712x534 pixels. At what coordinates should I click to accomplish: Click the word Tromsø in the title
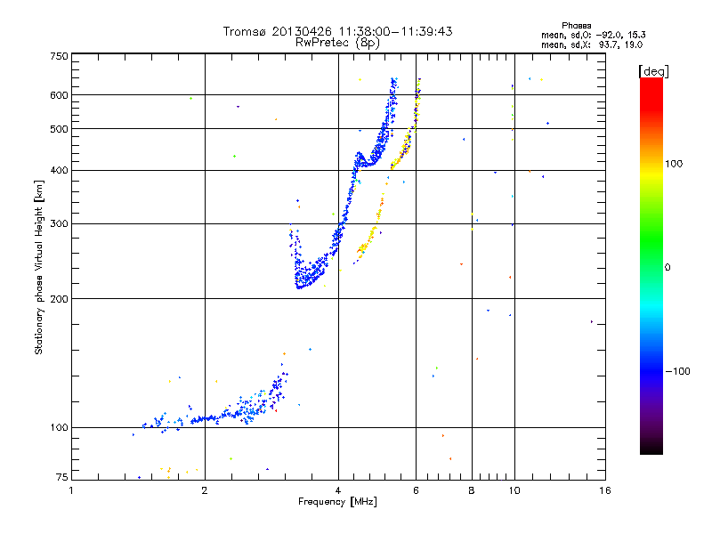(x=244, y=31)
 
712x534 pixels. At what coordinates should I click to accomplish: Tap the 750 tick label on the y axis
(x=60, y=56)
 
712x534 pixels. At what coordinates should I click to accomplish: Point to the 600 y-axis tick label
(x=60, y=95)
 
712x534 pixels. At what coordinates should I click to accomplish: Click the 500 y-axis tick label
(x=60, y=129)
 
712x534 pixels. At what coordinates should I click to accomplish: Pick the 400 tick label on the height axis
(x=60, y=170)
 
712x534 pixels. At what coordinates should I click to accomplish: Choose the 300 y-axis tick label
(x=60, y=223)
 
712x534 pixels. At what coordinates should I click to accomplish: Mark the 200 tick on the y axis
(x=60, y=298)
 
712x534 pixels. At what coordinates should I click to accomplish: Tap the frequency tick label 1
(x=72, y=490)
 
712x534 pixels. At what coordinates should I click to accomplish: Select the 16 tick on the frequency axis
(x=603, y=490)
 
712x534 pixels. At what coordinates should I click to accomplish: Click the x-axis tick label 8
(x=472, y=490)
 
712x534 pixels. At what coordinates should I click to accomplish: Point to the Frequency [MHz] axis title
(x=337, y=502)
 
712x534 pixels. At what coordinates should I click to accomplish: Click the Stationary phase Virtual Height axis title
(x=39, y=267)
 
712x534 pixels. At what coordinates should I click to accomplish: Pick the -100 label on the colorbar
(x=678, y=371)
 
